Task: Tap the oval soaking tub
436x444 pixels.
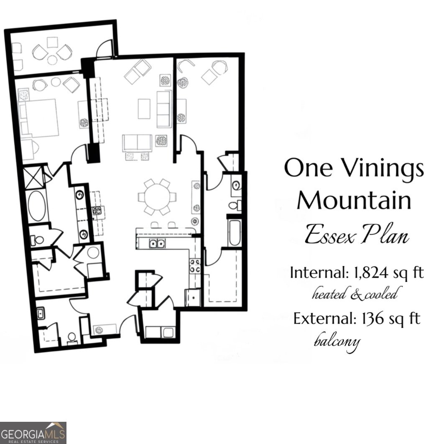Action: (38, 207)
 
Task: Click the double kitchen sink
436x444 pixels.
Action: (157, 243)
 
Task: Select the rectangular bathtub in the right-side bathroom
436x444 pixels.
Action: (232, 232)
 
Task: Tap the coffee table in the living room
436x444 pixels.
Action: (144, 109)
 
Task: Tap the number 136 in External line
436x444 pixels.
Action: (368, 319)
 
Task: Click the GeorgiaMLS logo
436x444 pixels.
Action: (33, 433)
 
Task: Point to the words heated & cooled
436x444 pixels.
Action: (354, 295)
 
